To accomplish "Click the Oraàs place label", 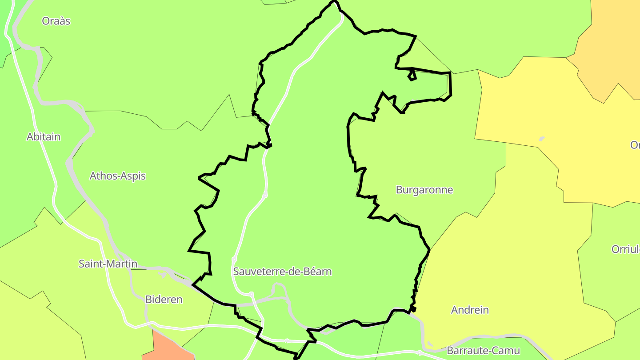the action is pos(56,21).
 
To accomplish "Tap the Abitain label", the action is pos(44,137).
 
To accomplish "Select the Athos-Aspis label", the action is pos(118,176).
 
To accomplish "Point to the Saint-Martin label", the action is pos(108,264).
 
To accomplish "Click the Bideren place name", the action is pos(164,300).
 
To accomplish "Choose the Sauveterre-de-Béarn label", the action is pos(282,272).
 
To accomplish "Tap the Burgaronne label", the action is pos(424,190).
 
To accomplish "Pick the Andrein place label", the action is pos(470,310).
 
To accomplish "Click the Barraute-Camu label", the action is pos(483,350).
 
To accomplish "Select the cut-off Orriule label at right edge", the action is pos(626,249).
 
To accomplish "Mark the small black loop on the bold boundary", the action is pos(412,75).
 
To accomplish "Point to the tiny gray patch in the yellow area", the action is pos(542,139).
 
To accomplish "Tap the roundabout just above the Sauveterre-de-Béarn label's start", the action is pos(234,259).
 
